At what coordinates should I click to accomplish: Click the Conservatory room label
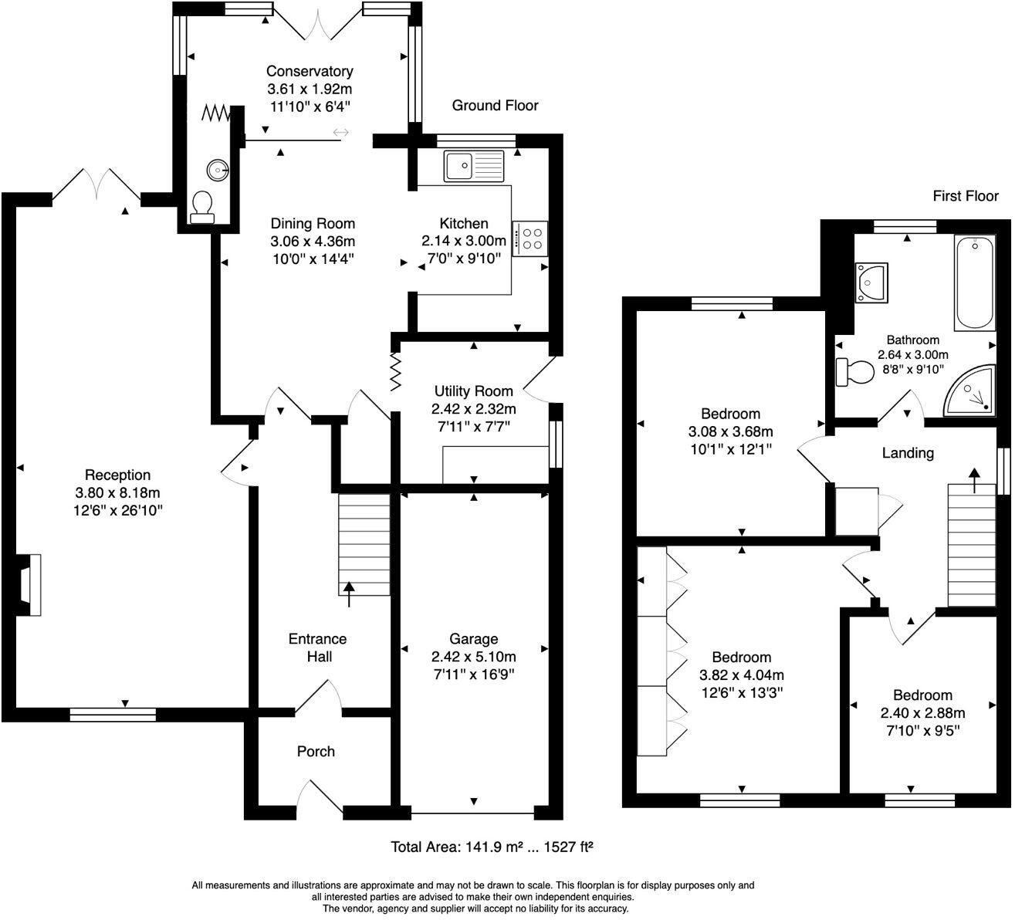point(310,71)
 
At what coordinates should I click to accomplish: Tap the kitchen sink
point(474,166)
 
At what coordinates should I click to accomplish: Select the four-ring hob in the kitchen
point(529,238)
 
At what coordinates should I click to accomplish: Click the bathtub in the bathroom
point(975,282)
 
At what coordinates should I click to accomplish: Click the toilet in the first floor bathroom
point(855,373)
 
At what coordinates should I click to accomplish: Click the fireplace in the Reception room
point(29,585)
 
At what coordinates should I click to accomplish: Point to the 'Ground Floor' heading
point(495,105)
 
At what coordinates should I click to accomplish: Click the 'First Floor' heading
point(966,196)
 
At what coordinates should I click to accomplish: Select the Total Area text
point(492,847)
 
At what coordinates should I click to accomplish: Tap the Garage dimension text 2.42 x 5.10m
point(474,657)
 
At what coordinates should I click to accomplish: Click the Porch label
point(316,752)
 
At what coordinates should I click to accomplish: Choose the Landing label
point(908,453)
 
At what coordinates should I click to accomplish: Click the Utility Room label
point(474,391)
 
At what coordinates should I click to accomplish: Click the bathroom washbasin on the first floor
point(871,283)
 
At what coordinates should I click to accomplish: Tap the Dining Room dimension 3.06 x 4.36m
point(313,242)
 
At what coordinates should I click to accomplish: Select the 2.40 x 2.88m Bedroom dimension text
point(922,713)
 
